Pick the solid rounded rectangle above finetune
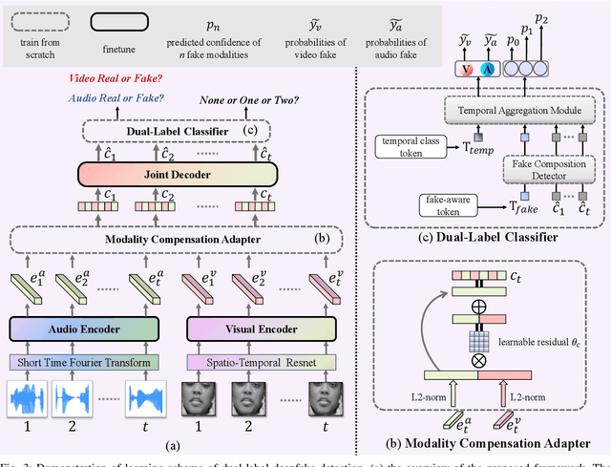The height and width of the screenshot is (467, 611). tap(123, 20)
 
